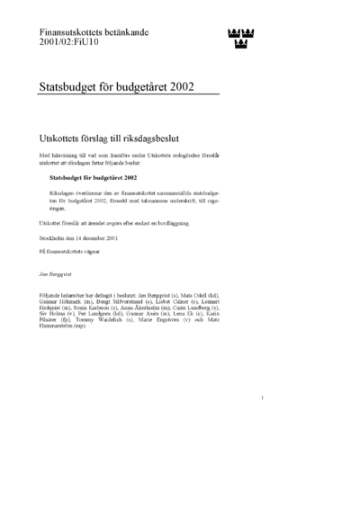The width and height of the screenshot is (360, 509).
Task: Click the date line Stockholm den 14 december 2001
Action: point(84,238)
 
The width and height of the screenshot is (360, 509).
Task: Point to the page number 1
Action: point(262,423)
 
